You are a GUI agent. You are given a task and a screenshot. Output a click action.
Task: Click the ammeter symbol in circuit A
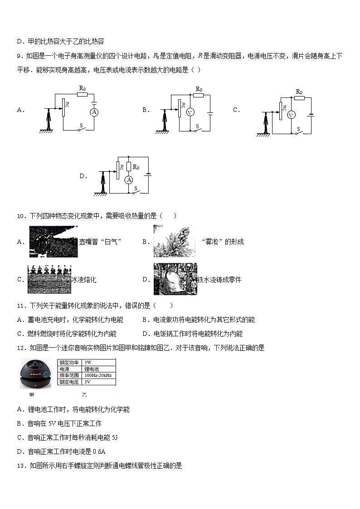[94, 111]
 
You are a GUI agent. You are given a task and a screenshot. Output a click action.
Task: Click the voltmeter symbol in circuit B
[191, 113]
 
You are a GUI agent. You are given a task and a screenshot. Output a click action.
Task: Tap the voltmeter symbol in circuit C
[292, 115]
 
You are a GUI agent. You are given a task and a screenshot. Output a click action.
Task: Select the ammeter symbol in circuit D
[129, 180]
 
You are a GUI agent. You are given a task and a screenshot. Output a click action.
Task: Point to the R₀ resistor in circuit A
[82, 94]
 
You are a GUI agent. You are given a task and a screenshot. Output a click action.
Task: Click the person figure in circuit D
[103, 183]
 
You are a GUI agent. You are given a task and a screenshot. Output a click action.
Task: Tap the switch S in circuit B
[196, 130]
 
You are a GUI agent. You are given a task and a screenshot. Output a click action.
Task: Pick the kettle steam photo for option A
[54, 242]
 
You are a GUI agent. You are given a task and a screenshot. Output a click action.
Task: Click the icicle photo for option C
[49, 279]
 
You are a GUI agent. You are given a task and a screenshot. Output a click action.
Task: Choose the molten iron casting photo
[175, 279]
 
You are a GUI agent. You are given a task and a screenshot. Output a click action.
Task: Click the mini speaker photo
[38, 374]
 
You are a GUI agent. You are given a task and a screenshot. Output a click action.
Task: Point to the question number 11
[20, 306]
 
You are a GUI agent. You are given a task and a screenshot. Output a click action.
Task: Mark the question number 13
[20, 466]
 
